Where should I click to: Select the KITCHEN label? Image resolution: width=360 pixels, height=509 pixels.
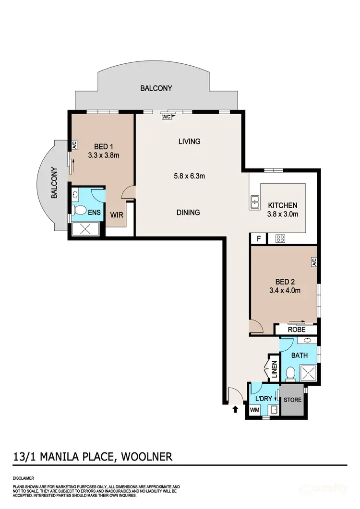[x=282, y=205]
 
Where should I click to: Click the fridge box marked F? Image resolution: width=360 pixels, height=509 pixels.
[x=259, y=238]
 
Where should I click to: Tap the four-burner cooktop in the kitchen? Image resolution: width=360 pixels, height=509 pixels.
[x=280, y=238]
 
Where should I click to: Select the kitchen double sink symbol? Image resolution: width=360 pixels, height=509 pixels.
[x=254, y=202]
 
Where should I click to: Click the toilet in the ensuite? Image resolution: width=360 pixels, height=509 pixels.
[x=80, y=210]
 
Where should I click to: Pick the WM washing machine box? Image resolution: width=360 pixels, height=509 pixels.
[x=254, y=411]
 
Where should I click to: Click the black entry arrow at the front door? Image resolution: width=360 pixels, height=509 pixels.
[x=235, y=409]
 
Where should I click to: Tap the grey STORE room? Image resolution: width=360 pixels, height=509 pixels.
[x=292, y=400]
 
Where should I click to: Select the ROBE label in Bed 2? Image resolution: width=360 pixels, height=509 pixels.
[x=296, y=330]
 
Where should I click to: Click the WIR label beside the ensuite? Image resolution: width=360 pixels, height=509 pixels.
[x=117, y=215]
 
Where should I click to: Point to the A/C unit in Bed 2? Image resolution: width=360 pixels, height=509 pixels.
[x=313, y=262]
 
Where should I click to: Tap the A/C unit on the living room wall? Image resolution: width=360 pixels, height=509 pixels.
[x=167, y=117]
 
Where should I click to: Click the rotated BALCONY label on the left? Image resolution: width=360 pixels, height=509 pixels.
[x=55, y=183]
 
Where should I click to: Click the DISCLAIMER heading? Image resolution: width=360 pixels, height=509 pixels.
[x=24, y=478]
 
